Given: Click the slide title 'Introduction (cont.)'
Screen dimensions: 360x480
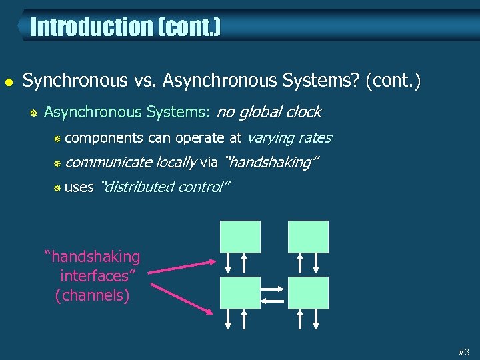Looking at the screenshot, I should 125,27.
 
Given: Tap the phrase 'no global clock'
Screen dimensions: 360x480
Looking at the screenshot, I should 269,111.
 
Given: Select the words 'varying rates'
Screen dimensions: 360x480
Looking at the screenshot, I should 289,137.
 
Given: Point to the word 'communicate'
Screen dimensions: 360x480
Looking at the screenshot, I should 109,162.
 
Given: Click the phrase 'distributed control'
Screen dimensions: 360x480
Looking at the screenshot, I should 164,187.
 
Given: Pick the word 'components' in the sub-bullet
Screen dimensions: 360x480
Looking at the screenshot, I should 104,138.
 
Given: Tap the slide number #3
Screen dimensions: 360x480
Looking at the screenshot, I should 464,351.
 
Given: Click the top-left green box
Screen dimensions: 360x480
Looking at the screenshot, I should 241,237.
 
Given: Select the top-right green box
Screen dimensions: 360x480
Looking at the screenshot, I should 308,237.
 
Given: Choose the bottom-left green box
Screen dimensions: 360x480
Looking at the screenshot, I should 241,293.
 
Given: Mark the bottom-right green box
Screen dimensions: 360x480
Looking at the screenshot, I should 308,293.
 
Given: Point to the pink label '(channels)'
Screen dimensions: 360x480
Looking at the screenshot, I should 93,295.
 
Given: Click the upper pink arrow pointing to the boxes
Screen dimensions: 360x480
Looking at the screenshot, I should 183,265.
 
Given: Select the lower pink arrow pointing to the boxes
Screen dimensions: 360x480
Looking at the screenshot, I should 183,298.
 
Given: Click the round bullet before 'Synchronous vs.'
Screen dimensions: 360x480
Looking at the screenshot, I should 9,81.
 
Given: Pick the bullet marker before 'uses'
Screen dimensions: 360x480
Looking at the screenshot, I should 57,188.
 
